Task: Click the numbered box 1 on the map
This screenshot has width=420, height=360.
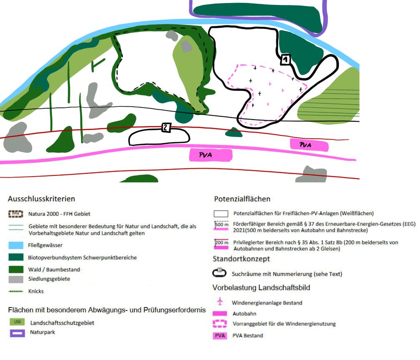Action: [285, 60]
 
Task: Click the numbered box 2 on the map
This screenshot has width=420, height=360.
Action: [166, 128]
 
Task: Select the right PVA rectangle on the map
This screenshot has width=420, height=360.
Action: [309, 145]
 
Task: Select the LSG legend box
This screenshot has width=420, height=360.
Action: [16, 322]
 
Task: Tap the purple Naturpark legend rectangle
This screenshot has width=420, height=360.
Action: [16, 333]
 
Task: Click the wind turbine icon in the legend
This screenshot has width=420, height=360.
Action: [220, 302]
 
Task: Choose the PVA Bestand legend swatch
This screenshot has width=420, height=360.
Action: [220, 335]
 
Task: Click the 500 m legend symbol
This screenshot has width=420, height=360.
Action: [221, 225]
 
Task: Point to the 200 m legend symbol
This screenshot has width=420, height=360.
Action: [221, 243]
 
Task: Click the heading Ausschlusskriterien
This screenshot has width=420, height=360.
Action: [41, 199]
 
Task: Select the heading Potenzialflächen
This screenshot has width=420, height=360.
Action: [242, 199]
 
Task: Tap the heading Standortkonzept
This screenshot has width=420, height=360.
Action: [241, 259]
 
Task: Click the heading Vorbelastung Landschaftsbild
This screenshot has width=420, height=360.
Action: [261, 288]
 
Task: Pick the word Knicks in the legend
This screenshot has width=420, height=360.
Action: [37, 291]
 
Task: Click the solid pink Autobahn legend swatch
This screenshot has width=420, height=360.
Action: [220, 313]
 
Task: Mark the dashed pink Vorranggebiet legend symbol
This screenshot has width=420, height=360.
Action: [220, 324]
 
